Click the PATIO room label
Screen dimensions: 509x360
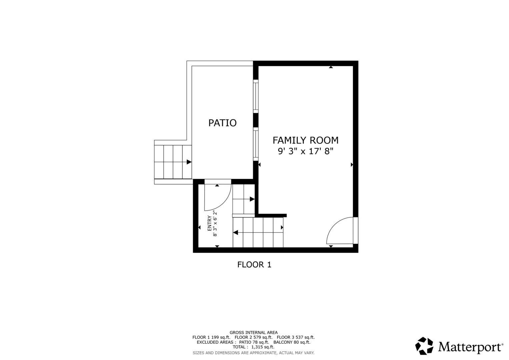[222, 123]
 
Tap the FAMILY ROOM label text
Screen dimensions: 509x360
[305, 140]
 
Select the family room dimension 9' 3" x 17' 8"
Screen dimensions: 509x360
[305, 151]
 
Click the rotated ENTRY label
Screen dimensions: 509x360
[210, 223]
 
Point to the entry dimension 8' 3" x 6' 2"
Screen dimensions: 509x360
[215, 224]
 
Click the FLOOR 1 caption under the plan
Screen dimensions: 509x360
[254, 265]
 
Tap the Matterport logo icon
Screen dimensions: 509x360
[424, 346]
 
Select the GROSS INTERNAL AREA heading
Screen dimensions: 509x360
[254, 333]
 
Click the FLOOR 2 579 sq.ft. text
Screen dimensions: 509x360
[253, 337]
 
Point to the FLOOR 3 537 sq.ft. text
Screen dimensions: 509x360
[296, 337]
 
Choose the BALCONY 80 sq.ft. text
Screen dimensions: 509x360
[292, 342]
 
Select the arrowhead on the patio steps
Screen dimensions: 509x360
[189, 162]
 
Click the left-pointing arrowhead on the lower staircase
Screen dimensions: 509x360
[235, 233]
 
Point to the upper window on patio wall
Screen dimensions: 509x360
[256, 96]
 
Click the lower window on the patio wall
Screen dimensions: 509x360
[256, 144]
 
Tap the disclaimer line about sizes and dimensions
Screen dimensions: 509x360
[254, 353]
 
